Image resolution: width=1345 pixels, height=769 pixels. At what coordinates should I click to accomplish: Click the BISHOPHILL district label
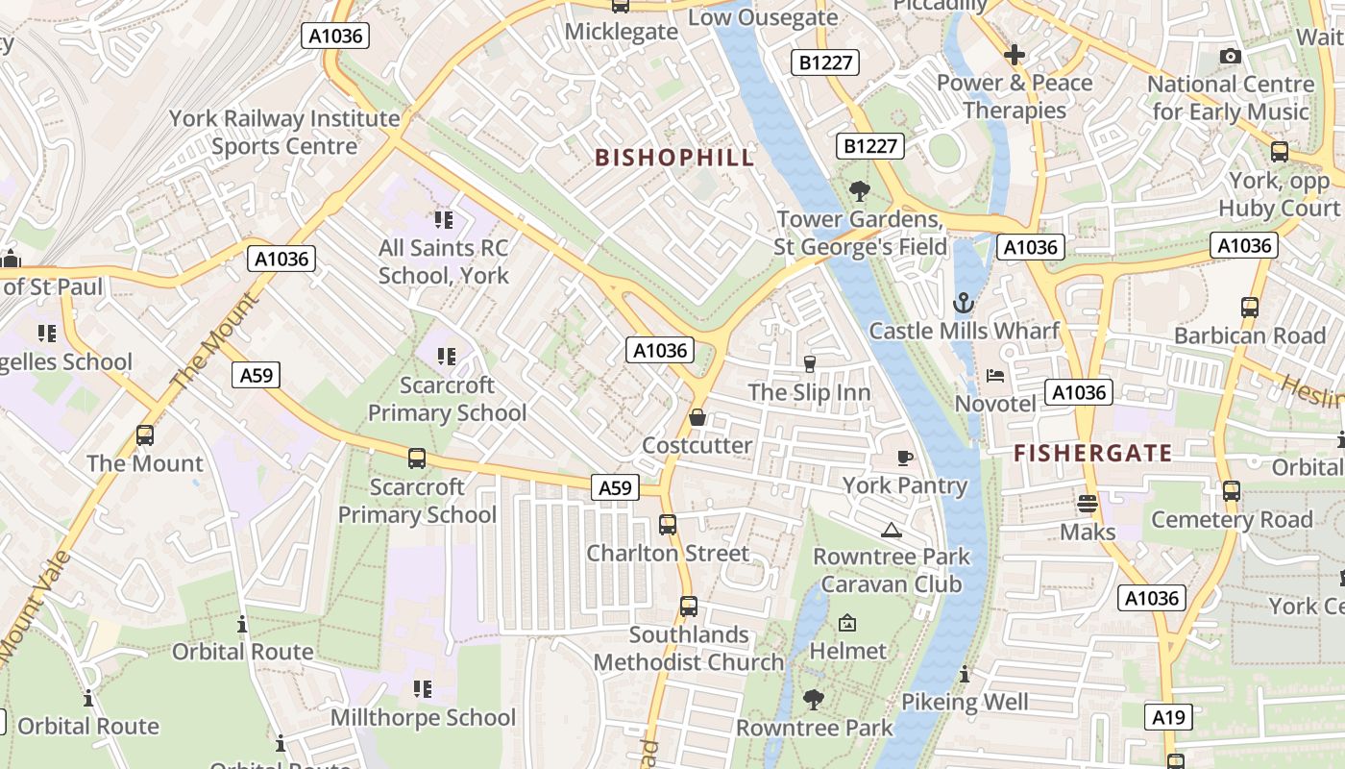674,158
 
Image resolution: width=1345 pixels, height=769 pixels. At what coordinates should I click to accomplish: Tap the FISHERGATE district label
1093,453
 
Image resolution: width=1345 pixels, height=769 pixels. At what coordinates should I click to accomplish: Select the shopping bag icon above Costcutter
697,417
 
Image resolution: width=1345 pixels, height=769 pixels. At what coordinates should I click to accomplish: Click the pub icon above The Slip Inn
809,363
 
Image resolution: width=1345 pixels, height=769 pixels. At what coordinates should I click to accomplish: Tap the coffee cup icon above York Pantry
903,458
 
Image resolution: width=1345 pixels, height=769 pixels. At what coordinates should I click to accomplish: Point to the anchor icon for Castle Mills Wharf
963,304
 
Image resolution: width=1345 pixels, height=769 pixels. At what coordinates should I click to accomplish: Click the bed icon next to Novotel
995,375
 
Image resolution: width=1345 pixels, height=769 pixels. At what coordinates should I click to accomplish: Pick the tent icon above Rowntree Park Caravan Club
892,530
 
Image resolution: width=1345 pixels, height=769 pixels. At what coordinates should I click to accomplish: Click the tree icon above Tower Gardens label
859,191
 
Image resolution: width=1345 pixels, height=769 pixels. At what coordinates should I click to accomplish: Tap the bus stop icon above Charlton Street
668,525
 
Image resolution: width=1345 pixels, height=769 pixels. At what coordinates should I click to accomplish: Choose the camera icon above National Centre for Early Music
1230,57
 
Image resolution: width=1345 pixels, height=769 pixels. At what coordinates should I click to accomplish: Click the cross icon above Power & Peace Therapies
1015,55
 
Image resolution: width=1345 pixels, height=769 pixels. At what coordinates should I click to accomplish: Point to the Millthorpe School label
423,717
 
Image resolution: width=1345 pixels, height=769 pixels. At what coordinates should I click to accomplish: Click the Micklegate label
621,32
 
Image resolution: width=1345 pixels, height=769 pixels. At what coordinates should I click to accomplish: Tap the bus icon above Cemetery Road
1232,491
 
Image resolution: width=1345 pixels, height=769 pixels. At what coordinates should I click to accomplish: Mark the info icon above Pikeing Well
965,674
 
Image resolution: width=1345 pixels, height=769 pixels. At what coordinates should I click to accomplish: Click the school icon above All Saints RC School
443,220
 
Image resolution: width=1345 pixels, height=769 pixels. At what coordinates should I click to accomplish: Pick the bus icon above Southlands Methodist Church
689,607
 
